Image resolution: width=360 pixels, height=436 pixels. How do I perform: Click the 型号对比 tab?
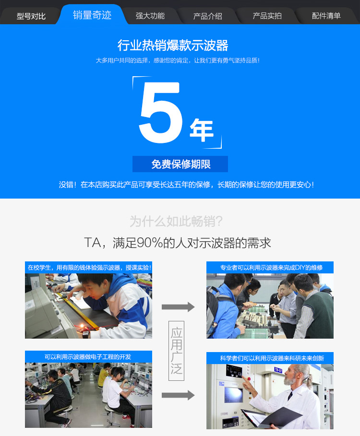click(x=31, y=16)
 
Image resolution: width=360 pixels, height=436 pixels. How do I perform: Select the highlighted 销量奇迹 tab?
click(x=92, y=15)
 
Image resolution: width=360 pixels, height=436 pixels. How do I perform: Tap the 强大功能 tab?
click(x=150, y=16)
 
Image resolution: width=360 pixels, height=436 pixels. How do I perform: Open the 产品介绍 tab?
click(x=208, y=16)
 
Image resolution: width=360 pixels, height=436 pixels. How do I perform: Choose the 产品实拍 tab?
click(x=267, y=16)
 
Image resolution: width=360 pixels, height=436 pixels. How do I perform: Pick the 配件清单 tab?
click(x=326, y=16)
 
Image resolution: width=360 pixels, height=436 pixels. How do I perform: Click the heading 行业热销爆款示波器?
click(x=173, y=45)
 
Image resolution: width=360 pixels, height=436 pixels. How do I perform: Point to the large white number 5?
click(x=161, y=112)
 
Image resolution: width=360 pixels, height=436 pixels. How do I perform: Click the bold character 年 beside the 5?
click(x=202, y=130)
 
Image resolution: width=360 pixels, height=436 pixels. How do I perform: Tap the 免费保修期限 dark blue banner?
click(x=180, y=164)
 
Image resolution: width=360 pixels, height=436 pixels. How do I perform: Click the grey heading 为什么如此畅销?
click(x=176, y=222)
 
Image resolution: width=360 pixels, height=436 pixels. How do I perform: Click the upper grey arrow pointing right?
click(x=178, y=307)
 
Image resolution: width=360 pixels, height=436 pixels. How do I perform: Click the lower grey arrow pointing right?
click(x=178, y=395)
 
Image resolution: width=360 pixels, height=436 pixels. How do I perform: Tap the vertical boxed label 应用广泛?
click(x=176, y=351)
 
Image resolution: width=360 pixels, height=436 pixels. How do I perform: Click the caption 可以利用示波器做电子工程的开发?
click(x=88, y=357)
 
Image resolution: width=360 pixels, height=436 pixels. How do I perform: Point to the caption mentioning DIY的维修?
click(x=271, y=268)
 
